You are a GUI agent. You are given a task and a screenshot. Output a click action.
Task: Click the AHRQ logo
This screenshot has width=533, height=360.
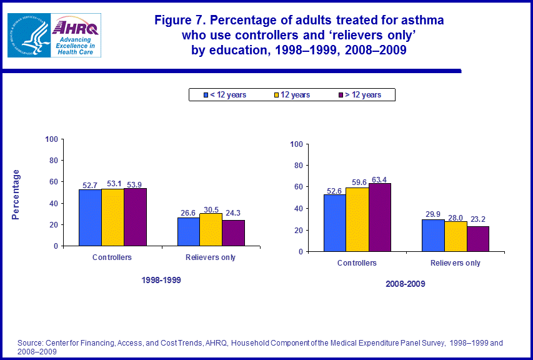(x=77, y=36)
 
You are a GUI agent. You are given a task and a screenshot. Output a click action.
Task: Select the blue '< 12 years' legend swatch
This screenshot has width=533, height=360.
(x=205, y=95)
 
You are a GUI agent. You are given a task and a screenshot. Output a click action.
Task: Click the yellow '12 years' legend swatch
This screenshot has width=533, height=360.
(x=276, y=95)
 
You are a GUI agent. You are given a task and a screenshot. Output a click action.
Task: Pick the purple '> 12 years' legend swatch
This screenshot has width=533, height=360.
(x=340, y=95)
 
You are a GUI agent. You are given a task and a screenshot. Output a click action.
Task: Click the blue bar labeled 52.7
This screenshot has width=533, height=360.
(x=90, y=217)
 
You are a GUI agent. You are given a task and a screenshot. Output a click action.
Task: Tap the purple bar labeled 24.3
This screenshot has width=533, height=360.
(x=233, y=232)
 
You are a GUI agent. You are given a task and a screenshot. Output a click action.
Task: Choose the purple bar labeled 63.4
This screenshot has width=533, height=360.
(x=380, y=217)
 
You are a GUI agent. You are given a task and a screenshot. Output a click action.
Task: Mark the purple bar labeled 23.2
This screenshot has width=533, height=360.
(x=478, y=239)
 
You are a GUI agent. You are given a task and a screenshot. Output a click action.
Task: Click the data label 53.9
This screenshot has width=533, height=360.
(x=135, y=184)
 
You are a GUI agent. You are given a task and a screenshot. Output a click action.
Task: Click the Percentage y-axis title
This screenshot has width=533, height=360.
(x=16, y=194)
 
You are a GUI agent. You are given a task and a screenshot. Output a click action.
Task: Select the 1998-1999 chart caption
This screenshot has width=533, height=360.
(x=161, y=280)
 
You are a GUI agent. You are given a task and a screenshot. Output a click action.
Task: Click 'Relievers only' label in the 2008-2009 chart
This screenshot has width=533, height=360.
(x=456, y=263)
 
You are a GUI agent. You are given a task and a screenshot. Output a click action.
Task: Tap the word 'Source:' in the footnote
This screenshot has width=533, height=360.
(x=29, y=343)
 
